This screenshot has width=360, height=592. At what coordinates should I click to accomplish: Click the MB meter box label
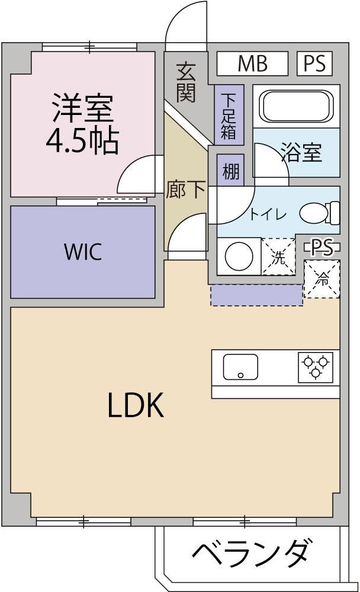point(252,63)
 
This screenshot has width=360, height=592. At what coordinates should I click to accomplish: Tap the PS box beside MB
point(315,63)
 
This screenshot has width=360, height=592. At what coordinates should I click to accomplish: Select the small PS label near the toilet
point(322,248)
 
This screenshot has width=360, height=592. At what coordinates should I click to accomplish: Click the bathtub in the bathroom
point(298,106)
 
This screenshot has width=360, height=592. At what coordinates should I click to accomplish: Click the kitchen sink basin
point(241,367)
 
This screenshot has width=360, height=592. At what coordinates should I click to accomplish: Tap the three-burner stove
point(316,367)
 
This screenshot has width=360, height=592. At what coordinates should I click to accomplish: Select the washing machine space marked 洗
point(278,257)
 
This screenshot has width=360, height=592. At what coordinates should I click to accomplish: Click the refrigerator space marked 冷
point(322,279)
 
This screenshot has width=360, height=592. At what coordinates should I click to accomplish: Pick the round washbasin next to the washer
point(239,256)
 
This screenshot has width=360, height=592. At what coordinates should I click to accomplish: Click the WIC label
point(83,252)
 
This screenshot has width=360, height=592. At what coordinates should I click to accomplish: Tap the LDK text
point(136,405)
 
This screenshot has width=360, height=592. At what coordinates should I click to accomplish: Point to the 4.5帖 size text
point(82,140)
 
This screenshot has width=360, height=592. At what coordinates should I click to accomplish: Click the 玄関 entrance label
point(186,82)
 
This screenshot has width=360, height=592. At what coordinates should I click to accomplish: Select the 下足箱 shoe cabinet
point(229,116)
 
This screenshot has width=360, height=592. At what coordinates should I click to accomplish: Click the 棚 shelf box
point(230,171)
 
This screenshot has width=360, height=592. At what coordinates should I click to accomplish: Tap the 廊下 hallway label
point(186,189)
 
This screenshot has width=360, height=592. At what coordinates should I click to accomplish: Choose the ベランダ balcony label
point(252,553)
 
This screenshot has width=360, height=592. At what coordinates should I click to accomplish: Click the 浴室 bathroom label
point(301,153)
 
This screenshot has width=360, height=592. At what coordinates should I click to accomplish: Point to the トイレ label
point(268,215)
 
